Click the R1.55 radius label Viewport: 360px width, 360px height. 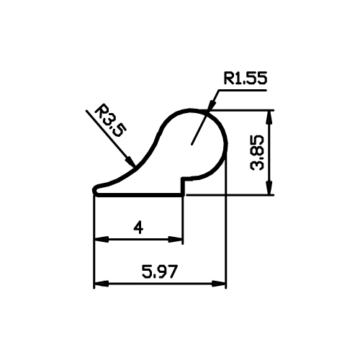point(246,78)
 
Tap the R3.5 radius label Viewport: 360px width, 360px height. point(110,121)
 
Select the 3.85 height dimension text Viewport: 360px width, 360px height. point(257,153)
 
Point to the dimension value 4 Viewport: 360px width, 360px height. point(138,228)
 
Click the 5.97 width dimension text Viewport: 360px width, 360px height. point(160,271)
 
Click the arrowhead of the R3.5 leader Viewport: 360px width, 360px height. point(131,161)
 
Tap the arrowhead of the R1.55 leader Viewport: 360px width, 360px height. point(211,106)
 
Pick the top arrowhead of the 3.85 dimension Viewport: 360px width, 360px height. point(270,117)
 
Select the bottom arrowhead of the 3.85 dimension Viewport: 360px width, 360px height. point(270,188)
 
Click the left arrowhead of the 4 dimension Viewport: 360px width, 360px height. point(102,239)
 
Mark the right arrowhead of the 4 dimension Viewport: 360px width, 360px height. point(176,239)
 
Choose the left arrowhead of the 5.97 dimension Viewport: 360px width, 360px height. point(102,284)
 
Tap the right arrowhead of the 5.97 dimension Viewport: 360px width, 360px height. point(219,284)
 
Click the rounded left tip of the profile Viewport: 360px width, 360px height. point(94,190)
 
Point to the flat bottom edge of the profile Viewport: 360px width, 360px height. point(139,196)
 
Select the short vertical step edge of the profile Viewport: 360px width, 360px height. point(183,187)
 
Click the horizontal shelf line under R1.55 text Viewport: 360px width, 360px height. point(242,90)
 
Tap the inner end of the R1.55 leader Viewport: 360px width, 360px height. point(192,145)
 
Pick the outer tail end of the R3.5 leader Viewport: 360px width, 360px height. point(86,111)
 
